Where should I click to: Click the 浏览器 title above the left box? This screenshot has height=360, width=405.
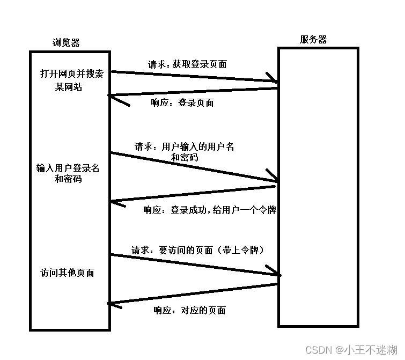point(67,42)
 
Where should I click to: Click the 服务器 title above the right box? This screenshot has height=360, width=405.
point(313,39)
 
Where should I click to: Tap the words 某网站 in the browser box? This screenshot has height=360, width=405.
point(68,87)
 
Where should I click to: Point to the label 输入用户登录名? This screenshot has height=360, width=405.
point(68,168)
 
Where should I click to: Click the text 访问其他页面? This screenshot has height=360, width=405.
point(67,273)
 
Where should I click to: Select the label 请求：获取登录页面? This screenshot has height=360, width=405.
point(187,64)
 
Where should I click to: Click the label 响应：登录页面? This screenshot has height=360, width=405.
point(182,102)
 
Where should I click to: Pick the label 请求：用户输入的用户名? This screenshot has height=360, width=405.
point(184,146)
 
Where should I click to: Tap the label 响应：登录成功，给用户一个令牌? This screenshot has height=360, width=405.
point(209,210)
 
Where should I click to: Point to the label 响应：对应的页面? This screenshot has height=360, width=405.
point(189,310)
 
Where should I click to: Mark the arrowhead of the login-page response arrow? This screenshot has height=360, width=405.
point(113,97)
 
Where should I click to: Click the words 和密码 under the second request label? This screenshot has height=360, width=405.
point(184,158)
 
